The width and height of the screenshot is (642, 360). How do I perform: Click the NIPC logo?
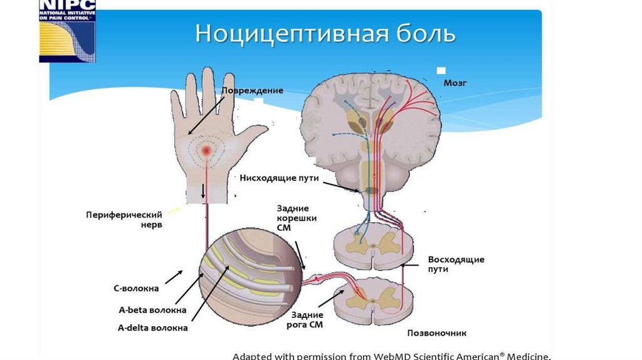[x=66, y=31]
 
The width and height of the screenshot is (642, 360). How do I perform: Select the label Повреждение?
[x=252, y=91]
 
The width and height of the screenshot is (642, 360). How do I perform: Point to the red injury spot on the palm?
[x=206, y=151]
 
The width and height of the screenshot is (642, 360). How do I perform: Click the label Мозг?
[x=455, y=82]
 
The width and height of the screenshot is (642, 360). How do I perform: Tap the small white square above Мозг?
[x=441, y=70]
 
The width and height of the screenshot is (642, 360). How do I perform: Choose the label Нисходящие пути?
[x=280, y=178]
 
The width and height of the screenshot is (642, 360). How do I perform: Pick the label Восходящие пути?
[x=456, y=263]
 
